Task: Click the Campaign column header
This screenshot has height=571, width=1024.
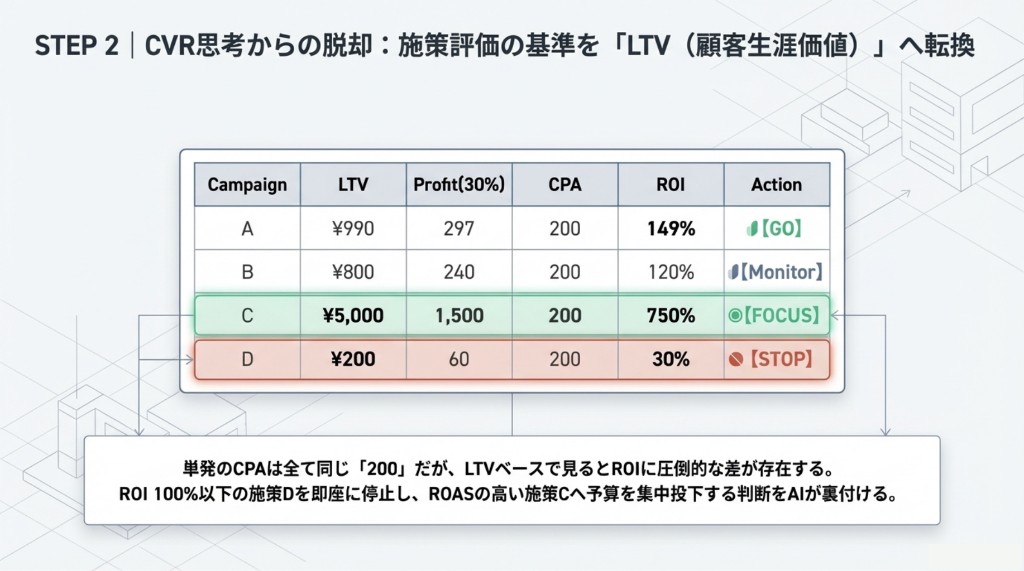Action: click(x=247, y=185)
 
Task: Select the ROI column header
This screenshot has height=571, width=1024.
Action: click(x=670, y=185)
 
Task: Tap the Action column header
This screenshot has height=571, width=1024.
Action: click(x=777, y=185)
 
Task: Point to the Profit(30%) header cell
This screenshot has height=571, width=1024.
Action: click(x=459, y=185)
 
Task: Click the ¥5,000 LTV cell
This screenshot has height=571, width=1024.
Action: click(x=353, y=316)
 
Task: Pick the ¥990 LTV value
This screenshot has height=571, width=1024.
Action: click(x=353, y=229)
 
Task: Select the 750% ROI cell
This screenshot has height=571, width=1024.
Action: click(x=670, y=316)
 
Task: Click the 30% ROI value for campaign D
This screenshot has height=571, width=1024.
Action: click(x=670, y=359)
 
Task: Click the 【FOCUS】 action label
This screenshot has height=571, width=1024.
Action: click(x=781, y=316)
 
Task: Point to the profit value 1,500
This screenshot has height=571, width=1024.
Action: click(x=459, y=316)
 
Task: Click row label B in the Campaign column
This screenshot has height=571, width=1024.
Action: click(x=247, y=272)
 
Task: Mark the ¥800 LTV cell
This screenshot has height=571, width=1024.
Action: click(x=353, y=272)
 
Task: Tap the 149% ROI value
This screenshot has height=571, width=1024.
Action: click(x=670, y=229)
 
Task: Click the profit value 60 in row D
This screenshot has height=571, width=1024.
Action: click(x=459, y=359)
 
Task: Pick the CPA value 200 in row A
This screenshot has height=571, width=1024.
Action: click(x=565, y=229)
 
